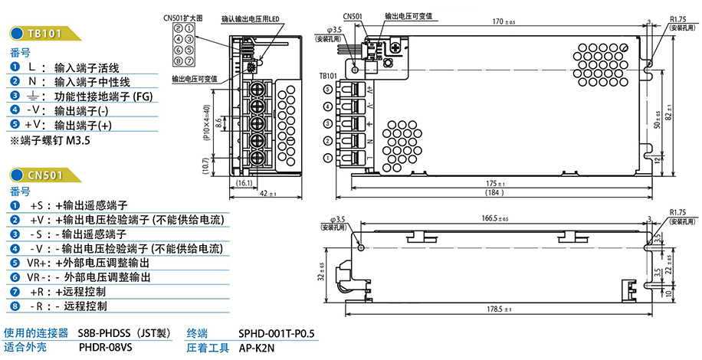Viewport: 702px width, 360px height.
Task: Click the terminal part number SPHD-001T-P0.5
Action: (x=277, y=333)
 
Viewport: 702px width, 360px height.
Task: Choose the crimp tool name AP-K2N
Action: (x=256, y=348)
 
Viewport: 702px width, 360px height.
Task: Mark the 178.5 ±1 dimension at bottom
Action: (x=500, y=309)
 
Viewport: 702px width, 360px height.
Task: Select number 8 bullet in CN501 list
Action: (x=15, y=306)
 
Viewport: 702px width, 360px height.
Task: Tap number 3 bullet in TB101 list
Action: (x=15, y=96)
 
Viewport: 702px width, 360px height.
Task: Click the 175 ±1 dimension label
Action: (x=496, y=184)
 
